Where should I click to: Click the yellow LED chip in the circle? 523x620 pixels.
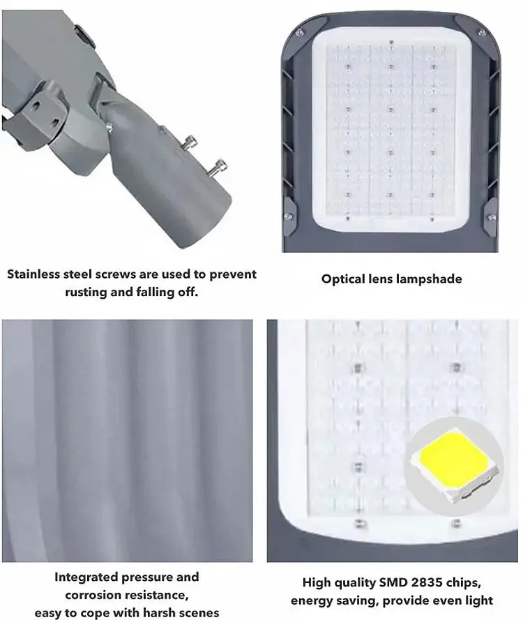pyautogui.click(x=454, y=460)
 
